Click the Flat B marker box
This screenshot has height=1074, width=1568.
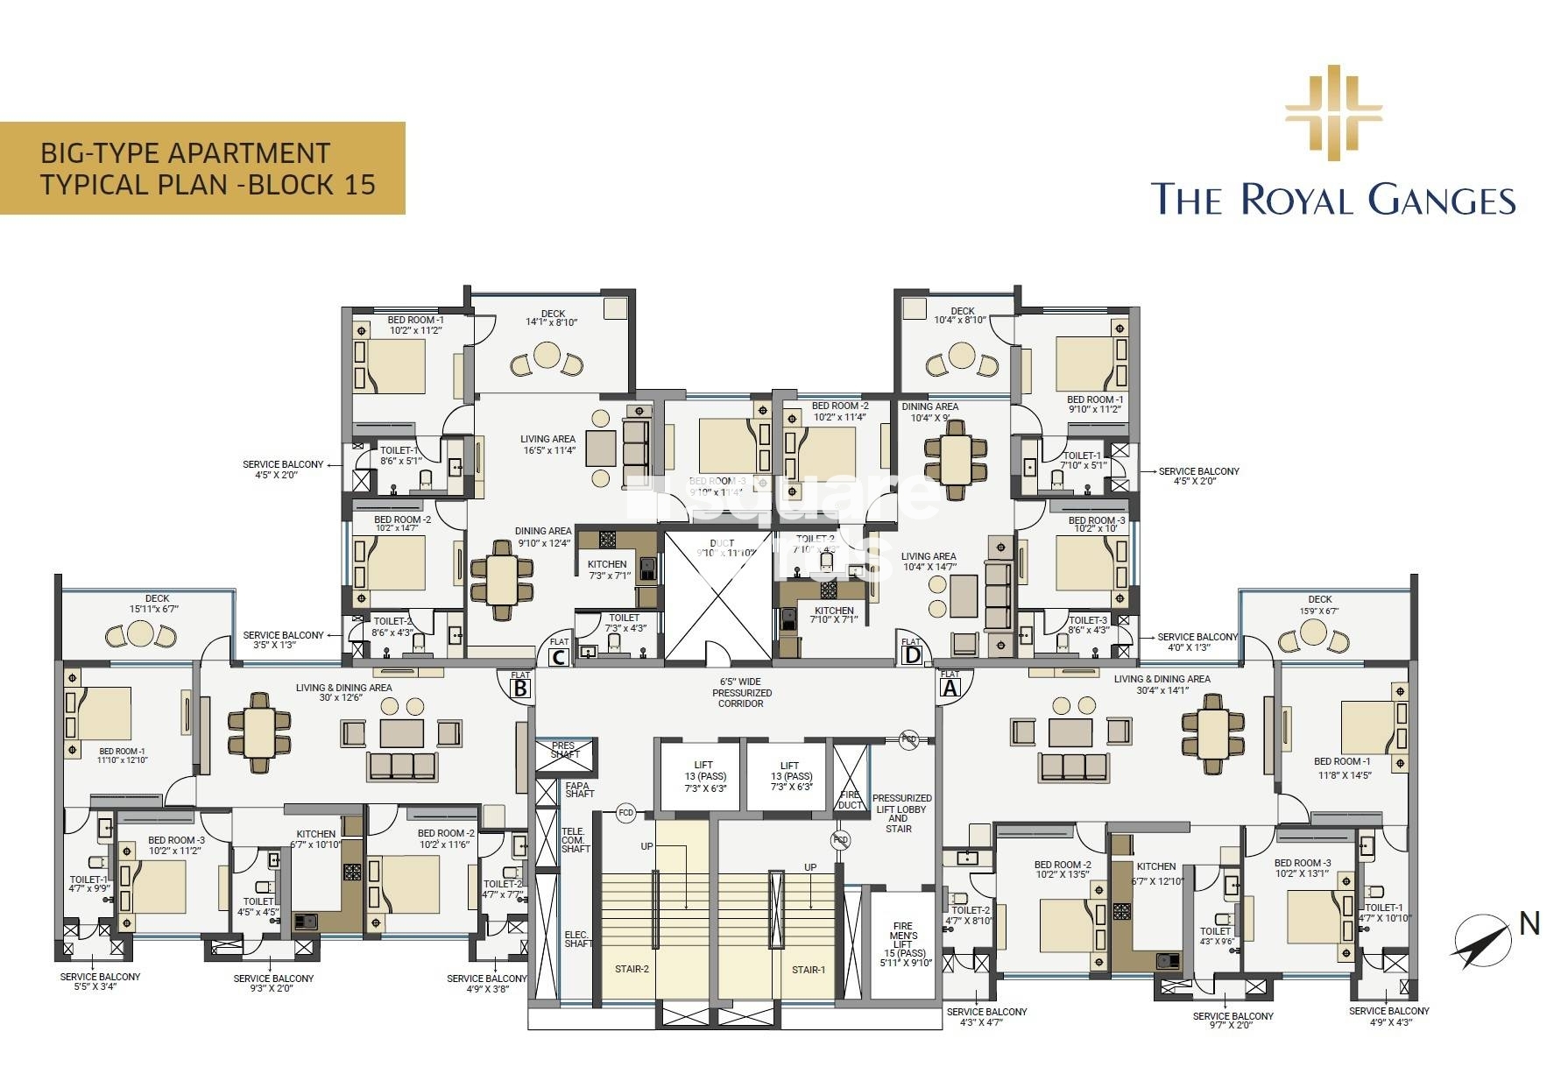pyautogui.click(x=520, y=689)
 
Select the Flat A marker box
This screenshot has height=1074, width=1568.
pyautogui.click(x=950, y=688)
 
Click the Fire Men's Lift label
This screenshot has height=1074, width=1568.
pyautogui.click(x=902, y=943)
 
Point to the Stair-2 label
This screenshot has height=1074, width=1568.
pyautogui.click(x=632, y=969)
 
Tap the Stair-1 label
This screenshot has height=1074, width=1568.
pyautogui.click(x=808, y=970)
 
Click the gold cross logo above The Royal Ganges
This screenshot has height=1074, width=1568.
pyautogui.click(x=1333, y=113)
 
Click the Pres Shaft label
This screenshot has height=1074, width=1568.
pyautogui.click(x=564, y=750)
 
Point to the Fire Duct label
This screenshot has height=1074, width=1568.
pyautogui.click(x=850, y=800)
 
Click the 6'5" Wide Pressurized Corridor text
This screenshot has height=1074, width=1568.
pyautogui.click(x=741, y=692)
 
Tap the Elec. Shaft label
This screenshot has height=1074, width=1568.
pyautogui.click(x=578, y=938)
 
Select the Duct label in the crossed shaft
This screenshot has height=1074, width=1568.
pyautogui.click(x=722, y=548)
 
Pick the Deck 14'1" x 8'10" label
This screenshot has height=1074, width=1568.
pyautogui.click(x=552, y=318)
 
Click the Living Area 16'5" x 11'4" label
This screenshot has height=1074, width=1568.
pyautogui.click(x=547, y=445)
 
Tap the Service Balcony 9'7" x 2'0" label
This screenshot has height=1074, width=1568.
pyautogui.click(x=1233, y=1021)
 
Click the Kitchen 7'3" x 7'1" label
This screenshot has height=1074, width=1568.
pyautogui.click(x=607, y=569)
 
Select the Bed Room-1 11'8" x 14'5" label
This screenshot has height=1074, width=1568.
pyautogui.click(x=1342, y=767)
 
